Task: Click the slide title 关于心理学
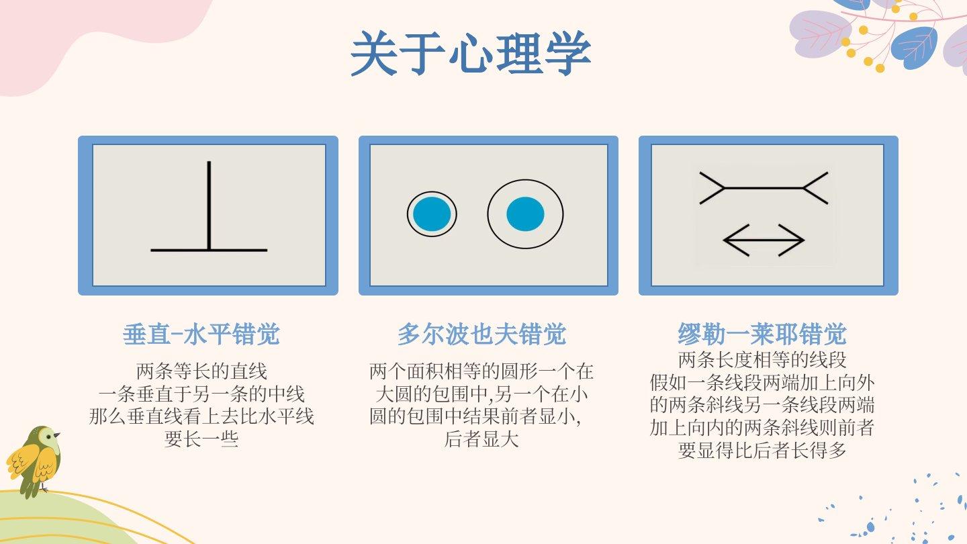coord(470,54)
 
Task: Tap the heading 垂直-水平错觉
coord(201,334)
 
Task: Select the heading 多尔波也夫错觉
coord(481,334)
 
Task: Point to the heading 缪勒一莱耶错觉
coord(762,334)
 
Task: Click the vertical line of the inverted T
coord(209,206)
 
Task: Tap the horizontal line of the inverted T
coord(209,250)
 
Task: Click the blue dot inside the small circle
coord(432,214)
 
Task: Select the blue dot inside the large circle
coord(525,214)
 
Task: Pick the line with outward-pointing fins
coord(764,188)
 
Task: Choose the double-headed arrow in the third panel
coord(764,240)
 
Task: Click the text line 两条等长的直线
coord(201,371)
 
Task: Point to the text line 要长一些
coord(201,439)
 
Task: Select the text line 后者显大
coord(481,439)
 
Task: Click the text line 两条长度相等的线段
coord(762,360)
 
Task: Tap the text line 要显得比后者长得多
coord(762,450)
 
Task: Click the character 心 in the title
coord(471,54)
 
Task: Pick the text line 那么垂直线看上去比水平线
coord(201,416)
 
